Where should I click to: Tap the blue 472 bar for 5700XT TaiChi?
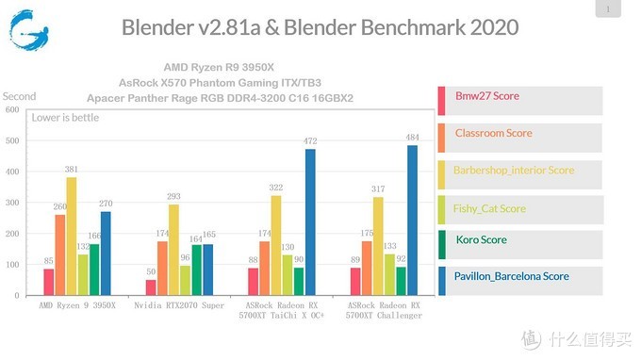(310, 223)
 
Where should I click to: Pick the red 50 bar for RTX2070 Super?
(151, 288)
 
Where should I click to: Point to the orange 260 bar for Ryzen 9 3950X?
(60, 256)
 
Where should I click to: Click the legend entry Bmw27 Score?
(486, 96)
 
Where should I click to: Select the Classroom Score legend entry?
(493, 134)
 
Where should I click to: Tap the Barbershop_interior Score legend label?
(514, 171)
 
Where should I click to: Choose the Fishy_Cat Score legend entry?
(490, 208)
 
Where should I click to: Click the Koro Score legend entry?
(481, 239)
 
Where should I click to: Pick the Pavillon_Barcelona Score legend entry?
(512, 276)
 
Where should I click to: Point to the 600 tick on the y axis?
(12, 110)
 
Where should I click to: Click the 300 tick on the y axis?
(12, 204)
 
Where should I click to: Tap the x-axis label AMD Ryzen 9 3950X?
(77, 305)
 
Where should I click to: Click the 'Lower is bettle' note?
(65, 118)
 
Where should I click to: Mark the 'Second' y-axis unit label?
(19, 96)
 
